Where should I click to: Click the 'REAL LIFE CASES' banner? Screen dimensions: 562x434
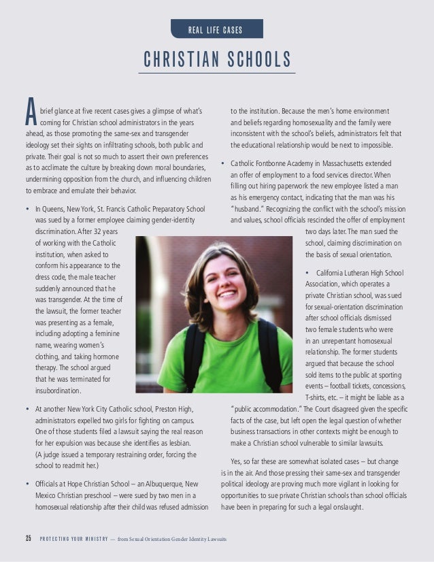point(216,29)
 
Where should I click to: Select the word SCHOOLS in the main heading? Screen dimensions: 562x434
point(258,59)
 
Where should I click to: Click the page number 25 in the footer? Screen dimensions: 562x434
point(29,540)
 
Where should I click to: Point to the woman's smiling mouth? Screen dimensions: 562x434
point(229,295)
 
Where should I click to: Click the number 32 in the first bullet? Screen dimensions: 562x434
point(101,231)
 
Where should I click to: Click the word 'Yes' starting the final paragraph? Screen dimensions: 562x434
point(237,460)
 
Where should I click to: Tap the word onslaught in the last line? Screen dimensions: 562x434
point(344,506)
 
